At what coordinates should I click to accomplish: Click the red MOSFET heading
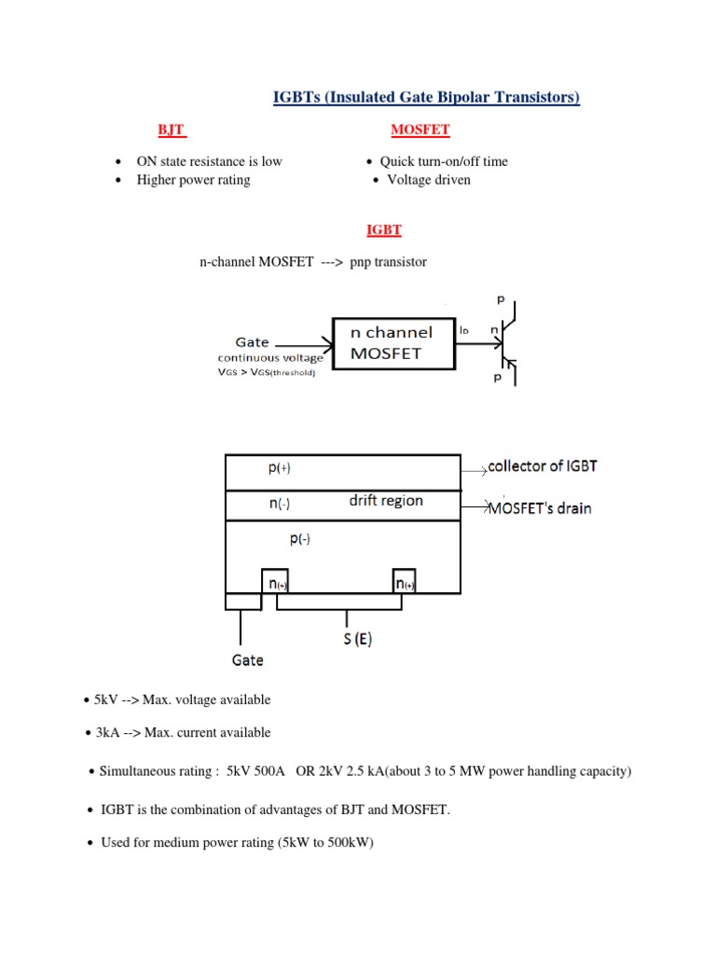click(420, 130)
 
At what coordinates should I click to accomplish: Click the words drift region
click(386, 501)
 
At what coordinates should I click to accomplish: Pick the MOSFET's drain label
click(541, 508)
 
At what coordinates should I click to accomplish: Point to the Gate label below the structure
click(247, 659)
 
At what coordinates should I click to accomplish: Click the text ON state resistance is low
click(209, 161)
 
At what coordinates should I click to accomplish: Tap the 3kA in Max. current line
click(107, 733)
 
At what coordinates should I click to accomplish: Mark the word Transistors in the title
click(534, 97)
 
